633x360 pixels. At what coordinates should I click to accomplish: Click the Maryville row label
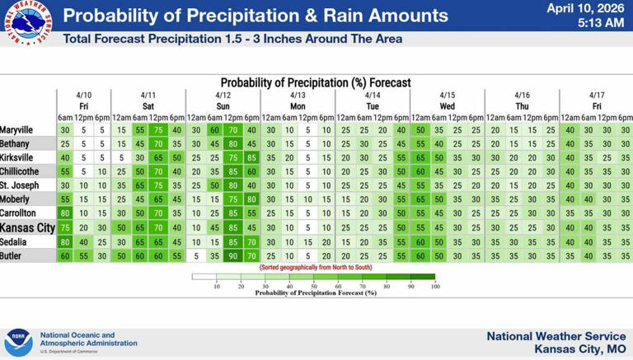tap(16, 130)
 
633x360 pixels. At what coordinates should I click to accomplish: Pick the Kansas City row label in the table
tap(27, 228)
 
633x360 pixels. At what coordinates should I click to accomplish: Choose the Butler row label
tap(12, 256)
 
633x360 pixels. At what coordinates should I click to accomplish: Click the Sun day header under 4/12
tap(223, 106)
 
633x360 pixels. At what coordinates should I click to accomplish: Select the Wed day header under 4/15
tap(448, 106)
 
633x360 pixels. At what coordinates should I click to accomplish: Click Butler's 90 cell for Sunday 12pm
tap(233, 256)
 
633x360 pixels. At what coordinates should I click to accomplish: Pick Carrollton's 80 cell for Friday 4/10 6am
tap(65, 214)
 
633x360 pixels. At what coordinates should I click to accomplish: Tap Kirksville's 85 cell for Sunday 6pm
tap(251, 157)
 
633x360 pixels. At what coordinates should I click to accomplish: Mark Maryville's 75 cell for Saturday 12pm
tap(158, 130)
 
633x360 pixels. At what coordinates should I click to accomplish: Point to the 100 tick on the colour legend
tap(435, 286)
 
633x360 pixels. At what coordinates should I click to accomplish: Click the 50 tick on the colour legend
tap(314, 286)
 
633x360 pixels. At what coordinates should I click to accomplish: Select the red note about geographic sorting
tap(316, 268)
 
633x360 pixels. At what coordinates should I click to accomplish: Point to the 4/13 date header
tap(298, 95)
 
